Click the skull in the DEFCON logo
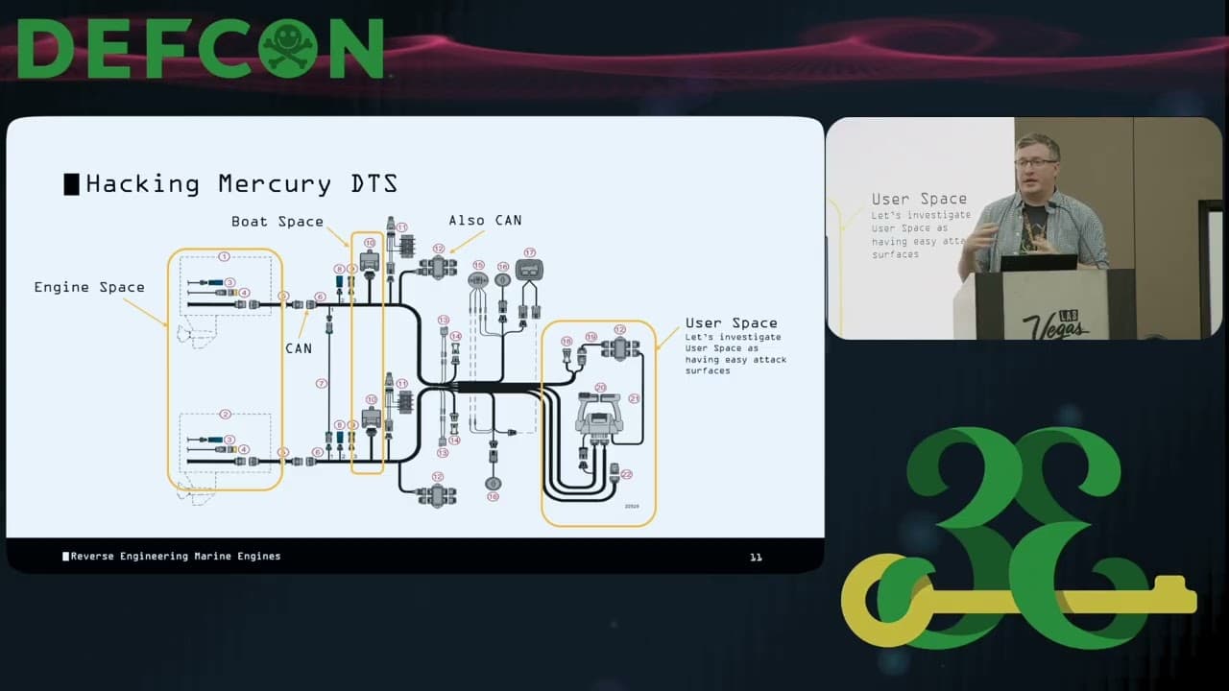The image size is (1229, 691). click(291, 47)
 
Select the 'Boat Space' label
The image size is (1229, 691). click(277, 222)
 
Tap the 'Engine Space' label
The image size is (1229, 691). click(89, 287)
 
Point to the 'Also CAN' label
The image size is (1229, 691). click(485, 221)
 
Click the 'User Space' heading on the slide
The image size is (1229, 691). click(731, 323)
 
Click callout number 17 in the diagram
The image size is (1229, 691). click(529, 252)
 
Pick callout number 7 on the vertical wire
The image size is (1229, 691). click(323, 383)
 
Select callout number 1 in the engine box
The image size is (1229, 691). click(224, 256)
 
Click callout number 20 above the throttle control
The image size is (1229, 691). click(600, 388)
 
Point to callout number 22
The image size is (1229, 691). click(627, 474)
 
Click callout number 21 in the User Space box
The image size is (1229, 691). click(634, 397)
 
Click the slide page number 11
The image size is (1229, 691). click(756, 557)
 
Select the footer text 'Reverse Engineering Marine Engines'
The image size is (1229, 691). click(175, 557)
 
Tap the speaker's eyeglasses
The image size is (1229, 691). click(1035, 163)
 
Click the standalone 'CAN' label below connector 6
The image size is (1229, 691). click(299, 348)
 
